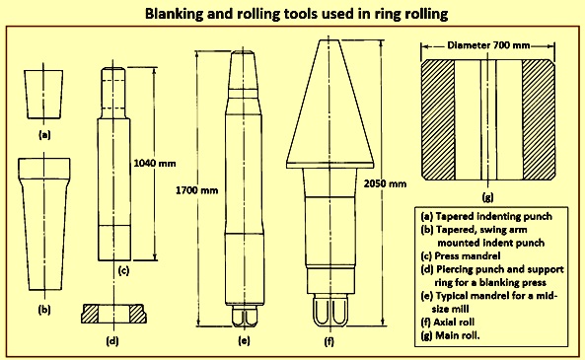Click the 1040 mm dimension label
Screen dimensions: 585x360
[155, 164]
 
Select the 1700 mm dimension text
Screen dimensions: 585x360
[197, 190]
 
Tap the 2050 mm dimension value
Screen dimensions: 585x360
[385, 183]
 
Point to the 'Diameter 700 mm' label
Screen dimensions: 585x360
[488, 45]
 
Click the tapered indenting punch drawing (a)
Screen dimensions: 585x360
[43, 95]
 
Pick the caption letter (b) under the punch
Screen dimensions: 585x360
[44, 310]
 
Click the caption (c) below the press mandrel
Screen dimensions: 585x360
[123, 270]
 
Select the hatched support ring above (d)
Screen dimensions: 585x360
[113, 314]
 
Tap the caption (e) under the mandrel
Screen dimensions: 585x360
[244, 340]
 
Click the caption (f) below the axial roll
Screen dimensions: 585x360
[329, 340]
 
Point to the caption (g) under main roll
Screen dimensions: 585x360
[487, 196]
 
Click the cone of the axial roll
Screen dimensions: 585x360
[330, 104]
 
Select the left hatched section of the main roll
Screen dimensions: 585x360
[438, 119]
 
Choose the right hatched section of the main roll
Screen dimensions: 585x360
[539, 119]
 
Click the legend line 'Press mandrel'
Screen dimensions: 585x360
[461, 255]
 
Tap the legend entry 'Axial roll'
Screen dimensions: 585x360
[448, 322]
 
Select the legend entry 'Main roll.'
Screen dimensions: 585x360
[450, 335]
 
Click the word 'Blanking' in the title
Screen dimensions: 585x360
[171, 14]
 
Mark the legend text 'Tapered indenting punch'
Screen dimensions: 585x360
[486, 216]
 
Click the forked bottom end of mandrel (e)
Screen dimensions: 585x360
[245, 316]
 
